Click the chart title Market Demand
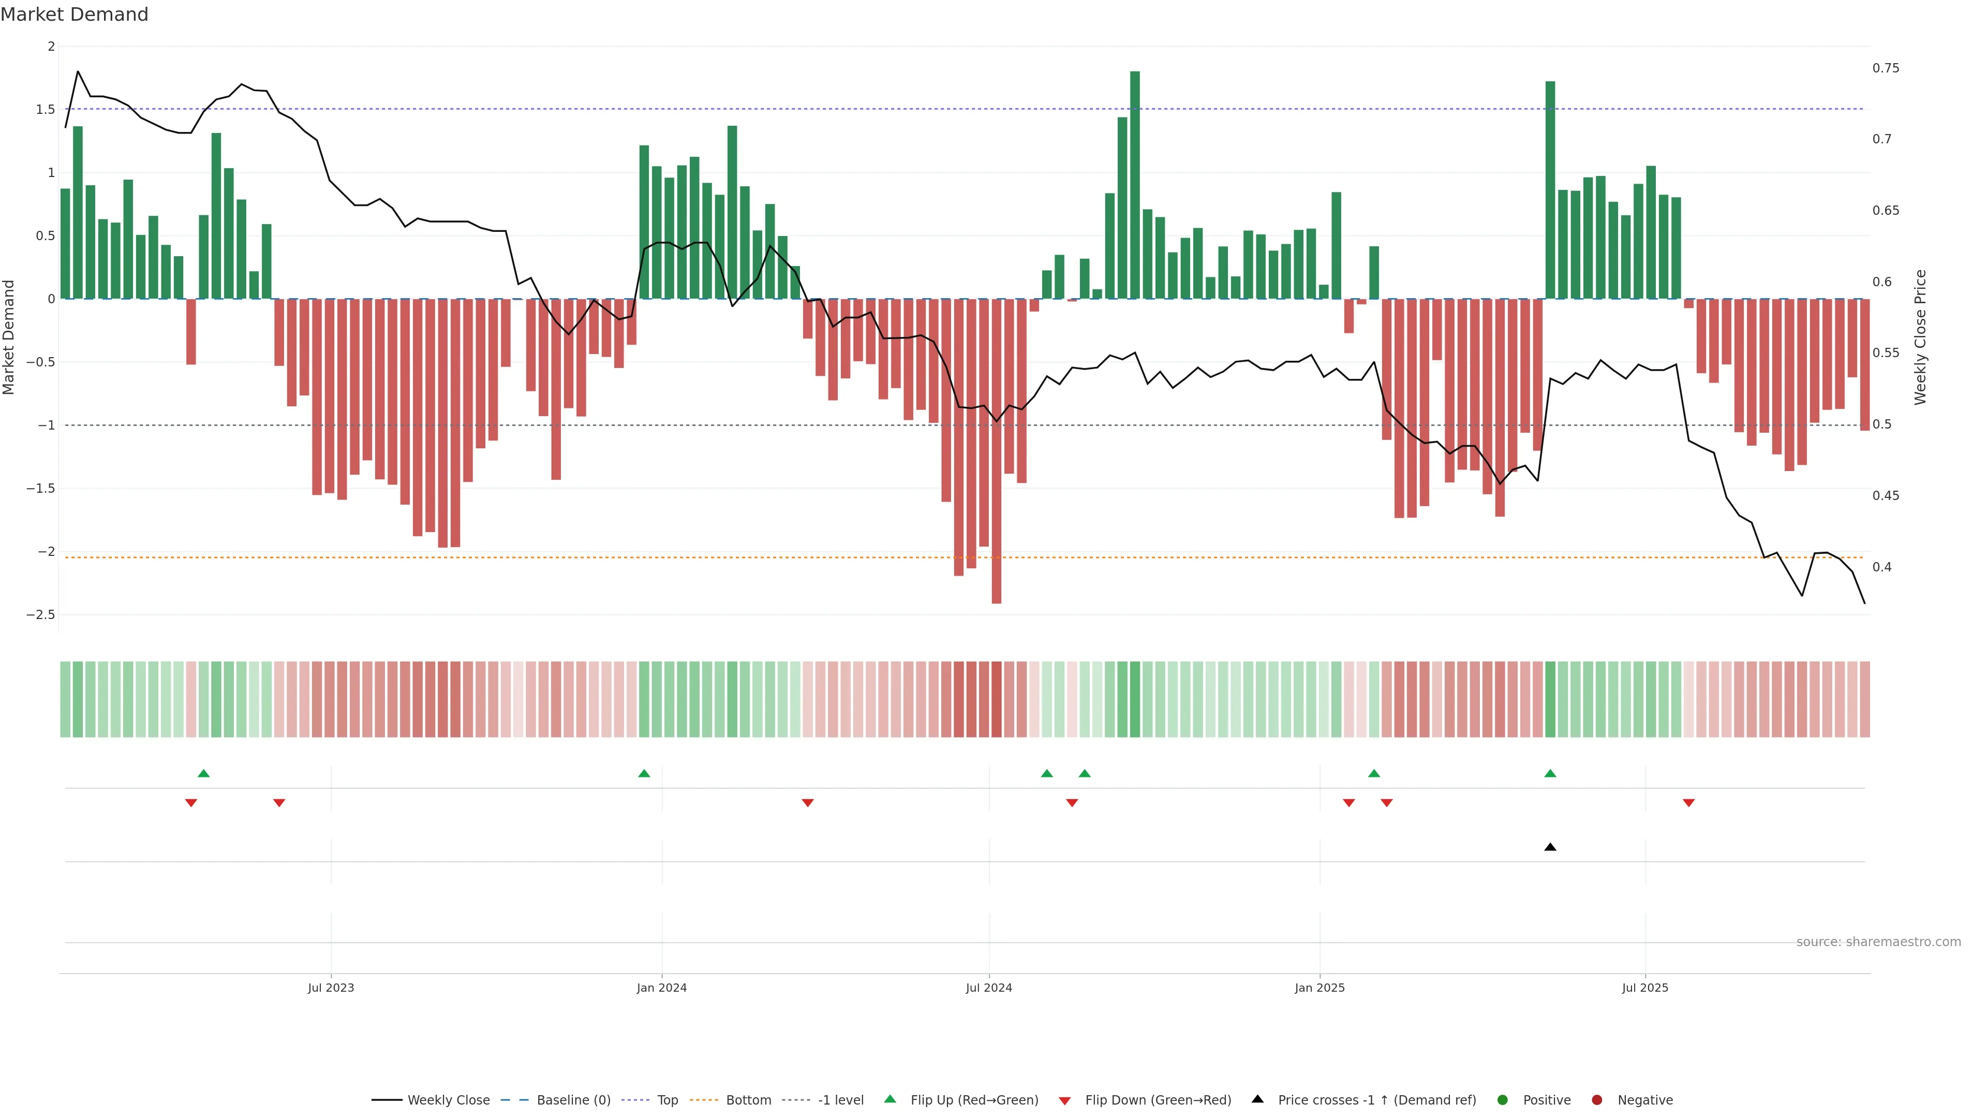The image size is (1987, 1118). pyautogui.click(x=74, y=14)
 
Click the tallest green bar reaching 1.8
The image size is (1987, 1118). pyautogui.click(x=1135, y=185)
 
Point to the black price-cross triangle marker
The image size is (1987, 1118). pyautogui.click(x=1550, y=847)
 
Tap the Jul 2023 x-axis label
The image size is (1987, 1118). pyautogui.click(x=331, y=988)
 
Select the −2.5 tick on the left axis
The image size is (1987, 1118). pyautogui.click(x=41, y=615)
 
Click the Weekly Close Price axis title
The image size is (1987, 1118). pyautogui.click(x=1920, y=337)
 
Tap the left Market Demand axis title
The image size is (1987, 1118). pyautogui.click(x=9, y=337)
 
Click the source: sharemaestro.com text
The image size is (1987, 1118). pyautogui.click(x=1878, y=942)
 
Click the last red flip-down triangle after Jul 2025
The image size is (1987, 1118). pyautogui.click(x=1688, y=803)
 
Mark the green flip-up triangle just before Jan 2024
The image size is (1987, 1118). pyautogui.click(x=644, y=773)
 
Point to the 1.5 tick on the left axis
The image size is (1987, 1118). pyautogui.click(x=45, y=110)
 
